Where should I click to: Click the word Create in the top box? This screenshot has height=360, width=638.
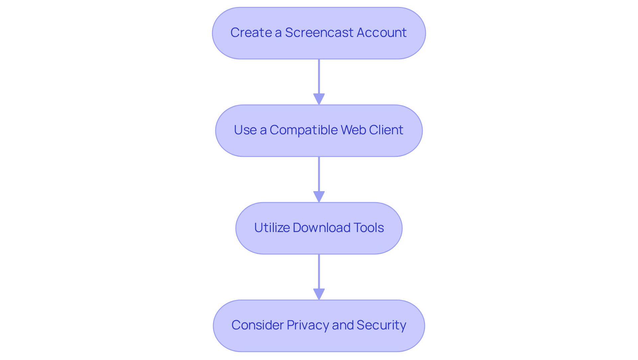pyautogui.click(x=251, y=33)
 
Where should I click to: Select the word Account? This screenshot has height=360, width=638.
pyautogui.click(x=381, y=33)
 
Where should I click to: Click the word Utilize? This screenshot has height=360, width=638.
pyautogui.click(x=271, y=228)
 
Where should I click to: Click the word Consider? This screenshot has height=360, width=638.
pyautogui.click(x=257, y=325)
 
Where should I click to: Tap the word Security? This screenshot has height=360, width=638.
pyautogui.click(x=381, y=325)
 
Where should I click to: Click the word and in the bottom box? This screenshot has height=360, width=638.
pyautogui.click(x=343, y=325)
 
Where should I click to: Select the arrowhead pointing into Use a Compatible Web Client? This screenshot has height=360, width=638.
pyautogui.click(x=319, y=99)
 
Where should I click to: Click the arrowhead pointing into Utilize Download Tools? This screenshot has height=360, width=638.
pyautogui.click(x=319, y=197)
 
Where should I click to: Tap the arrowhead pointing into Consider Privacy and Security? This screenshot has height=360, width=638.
pyautogui.click(x=319, y=294)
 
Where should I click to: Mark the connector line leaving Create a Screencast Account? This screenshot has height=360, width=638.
pyautogui.click(x=319, y=76)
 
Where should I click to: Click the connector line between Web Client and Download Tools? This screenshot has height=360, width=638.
pyautogui.click(x=319, y=174)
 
